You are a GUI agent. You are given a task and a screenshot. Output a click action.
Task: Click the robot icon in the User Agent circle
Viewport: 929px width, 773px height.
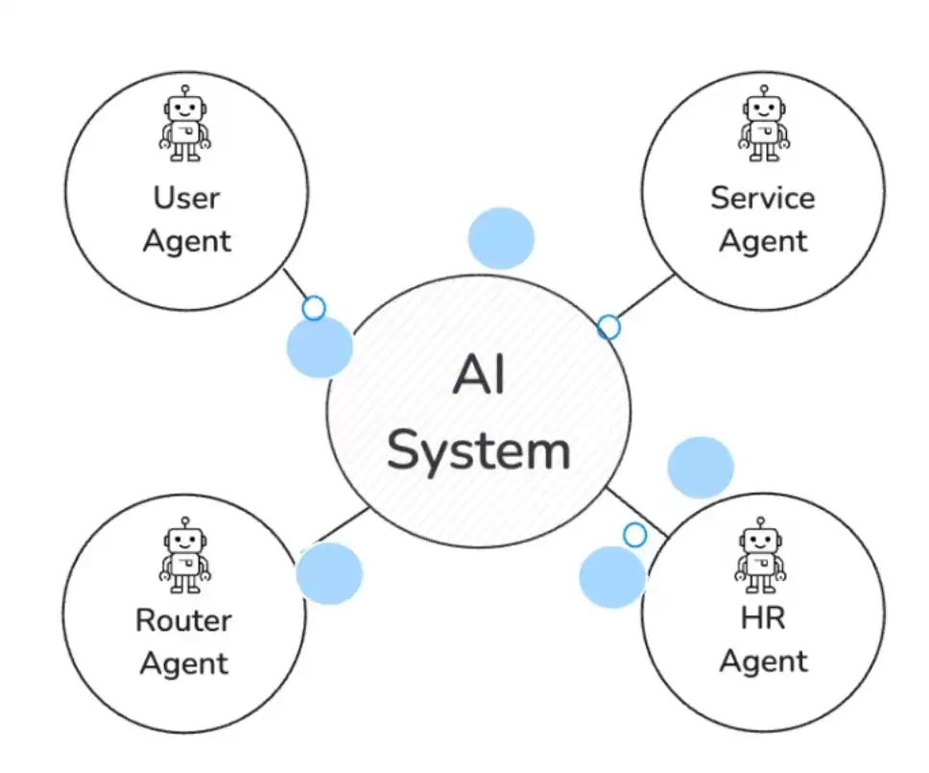click(185, 123)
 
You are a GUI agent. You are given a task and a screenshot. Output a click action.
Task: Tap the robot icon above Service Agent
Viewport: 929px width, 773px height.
click(764, 123)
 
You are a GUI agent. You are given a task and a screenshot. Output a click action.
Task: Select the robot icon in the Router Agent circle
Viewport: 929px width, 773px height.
click(184, 555)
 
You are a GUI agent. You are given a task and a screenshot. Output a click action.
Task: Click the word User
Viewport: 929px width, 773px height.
click(186, 198)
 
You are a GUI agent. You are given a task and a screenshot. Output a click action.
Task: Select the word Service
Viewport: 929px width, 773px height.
click(763, 198)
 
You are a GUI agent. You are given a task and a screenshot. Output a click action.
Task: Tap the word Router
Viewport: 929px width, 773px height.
click(184, 620)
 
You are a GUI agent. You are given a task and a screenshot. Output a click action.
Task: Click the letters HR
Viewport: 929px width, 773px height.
click(763, 618)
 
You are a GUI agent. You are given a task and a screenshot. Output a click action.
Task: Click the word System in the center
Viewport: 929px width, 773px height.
click(479, 450)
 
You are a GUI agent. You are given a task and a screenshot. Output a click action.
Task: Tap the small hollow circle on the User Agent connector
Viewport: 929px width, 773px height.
click(314, 308)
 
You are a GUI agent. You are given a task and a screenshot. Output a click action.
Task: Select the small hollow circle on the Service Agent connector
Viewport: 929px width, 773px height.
click(608, 327)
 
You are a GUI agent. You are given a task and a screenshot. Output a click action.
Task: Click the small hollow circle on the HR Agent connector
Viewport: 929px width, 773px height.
click(634, 535)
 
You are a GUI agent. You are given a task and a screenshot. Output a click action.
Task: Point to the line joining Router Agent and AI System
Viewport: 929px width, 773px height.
click(341, 525)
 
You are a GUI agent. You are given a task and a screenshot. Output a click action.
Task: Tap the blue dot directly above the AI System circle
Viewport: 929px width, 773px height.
click(501, 238)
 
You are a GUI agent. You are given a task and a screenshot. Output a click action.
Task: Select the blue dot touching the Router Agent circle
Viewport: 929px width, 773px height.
click(329, 573)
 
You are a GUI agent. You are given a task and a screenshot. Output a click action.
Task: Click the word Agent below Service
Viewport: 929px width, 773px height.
click(763, 241)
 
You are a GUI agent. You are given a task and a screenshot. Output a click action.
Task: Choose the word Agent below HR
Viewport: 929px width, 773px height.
click(763, 662)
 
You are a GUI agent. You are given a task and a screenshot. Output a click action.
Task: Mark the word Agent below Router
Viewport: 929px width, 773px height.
click(184, 664)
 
